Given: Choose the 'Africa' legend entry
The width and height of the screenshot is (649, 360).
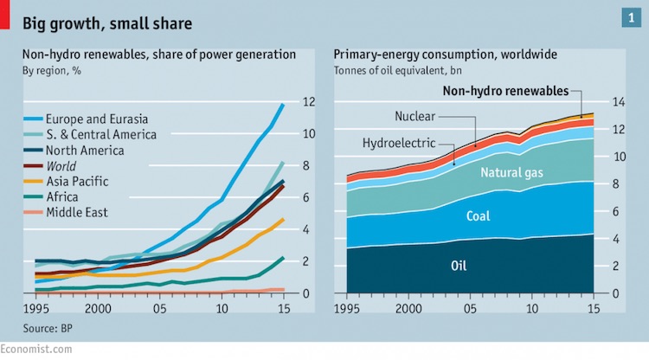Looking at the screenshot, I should pos(66,196).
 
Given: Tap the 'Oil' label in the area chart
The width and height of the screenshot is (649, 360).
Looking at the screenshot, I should pos(459,264).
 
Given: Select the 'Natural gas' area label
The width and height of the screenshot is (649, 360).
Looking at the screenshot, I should pos(512,173).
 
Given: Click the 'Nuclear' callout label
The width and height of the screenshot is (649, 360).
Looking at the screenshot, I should pos(414,116).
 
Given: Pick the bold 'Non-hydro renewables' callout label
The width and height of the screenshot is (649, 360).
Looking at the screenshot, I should pos(505,91).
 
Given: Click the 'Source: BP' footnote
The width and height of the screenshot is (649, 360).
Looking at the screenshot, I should pos(48,329).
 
